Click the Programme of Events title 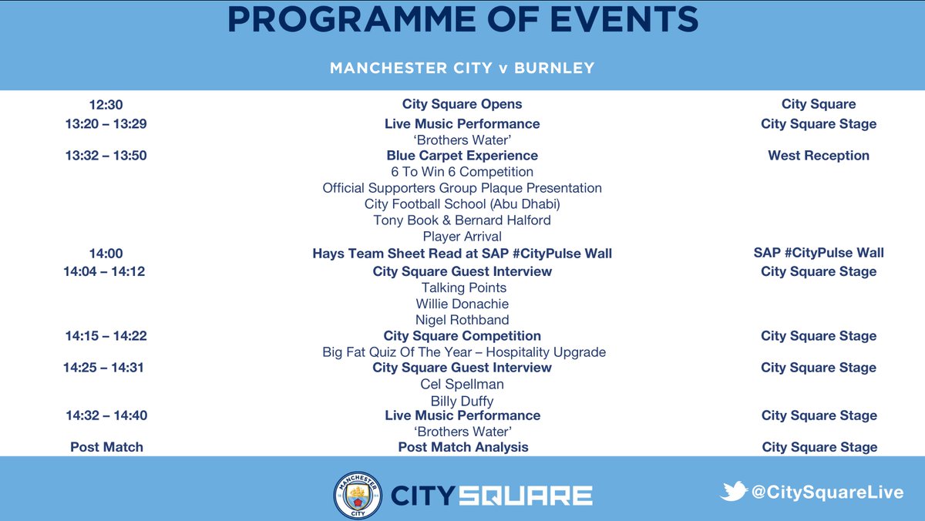tap(462, 21)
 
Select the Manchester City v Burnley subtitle tap(462, 68)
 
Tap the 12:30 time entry tap(106, 105)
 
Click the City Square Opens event tap(462, 104)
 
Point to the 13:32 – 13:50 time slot tap(106, 156)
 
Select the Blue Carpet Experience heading tap(462, 156)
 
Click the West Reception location tap(819, 156)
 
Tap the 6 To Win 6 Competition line tap(462, 172)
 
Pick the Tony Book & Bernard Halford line tap(462, 220)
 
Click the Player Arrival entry tap(462, 237)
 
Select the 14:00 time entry tap(106, 253)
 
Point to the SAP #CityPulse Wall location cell tap(819, 253)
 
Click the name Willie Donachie tap(462, 304)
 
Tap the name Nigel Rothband tap(462, 320)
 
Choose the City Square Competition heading tap(462, 336)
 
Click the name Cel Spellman tap(462, 384)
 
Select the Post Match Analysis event tap(463, 447)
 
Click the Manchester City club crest tap(357, 494)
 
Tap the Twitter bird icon tap(733, 491)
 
